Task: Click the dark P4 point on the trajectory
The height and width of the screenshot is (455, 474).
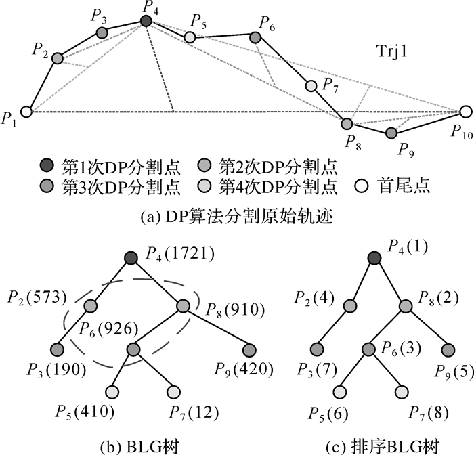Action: pyautogui.click(x=146, y=21)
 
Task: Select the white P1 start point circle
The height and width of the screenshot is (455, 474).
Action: pyautogui.click(x=26, y=112)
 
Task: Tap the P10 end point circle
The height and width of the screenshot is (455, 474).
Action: pyautogui.click(x=465, y=112)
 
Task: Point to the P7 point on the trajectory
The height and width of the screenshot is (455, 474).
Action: pyautogui.click(x=311, y=86)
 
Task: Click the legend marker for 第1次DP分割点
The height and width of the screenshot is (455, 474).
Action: pyautogui.click(x=45, y=164)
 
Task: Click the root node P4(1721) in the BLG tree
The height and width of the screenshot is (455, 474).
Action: pyautogui.click(x=132, y=257)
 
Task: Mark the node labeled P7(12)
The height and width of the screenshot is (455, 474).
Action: pyautogui.click(x=174, y=392)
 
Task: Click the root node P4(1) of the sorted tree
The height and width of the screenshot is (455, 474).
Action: pyautogui.click(x=374, y=257)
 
